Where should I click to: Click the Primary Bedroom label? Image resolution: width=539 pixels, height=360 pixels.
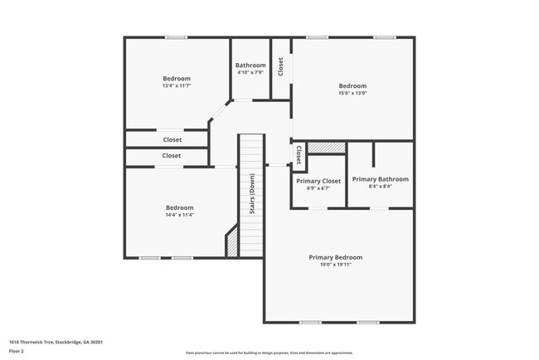tap(336, 257)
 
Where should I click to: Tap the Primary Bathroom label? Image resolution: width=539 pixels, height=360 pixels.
tap(380, 179)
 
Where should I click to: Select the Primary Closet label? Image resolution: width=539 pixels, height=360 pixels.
tap(318, 181)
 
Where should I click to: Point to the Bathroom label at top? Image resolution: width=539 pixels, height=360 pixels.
tap(250, 66)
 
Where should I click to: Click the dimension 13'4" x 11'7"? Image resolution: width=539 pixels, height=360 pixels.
tap(176, 85)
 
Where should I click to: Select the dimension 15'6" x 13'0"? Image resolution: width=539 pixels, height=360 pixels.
tap(352, 93)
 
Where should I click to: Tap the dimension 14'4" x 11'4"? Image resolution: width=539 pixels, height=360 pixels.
tap(179, 215)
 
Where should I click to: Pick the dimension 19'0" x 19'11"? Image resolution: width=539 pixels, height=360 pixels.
tap(336, 265)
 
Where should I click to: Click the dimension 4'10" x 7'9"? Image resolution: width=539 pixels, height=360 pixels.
tap(250, 73)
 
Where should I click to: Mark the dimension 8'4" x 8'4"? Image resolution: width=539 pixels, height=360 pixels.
tap(380, 187)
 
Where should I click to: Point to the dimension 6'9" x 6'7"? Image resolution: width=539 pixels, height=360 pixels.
tap(318, 188)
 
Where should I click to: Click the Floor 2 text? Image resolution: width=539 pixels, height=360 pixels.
tap(17, 351)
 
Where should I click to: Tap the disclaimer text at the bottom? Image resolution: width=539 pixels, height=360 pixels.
tap(269, 353)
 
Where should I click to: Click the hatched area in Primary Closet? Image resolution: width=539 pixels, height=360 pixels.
tap(326, 148)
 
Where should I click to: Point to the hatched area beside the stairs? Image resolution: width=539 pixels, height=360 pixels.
tap(232, 243)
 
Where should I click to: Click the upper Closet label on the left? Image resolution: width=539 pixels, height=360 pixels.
tap(172, 139)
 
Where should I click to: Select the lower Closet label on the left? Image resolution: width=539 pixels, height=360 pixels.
tap(172, 155)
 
